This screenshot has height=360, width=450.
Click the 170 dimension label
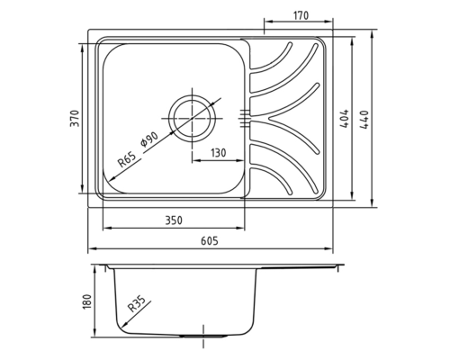pyautogui.click(x=301, y=15)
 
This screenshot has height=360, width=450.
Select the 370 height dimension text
pyautogui.click(x=75, y=119)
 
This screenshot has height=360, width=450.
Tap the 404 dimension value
pyautogui.click(x=345, y=119)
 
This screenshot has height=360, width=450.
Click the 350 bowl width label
pyautogui.click(x=174, y=220)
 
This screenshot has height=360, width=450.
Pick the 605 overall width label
pyautogui.click(x=210, y=241)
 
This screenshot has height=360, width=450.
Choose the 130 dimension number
pyautogui.click(x=218, y=153)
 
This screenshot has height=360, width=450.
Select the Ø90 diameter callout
pyautogui.click(x=149, y=139)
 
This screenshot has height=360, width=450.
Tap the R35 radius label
pyautogui.click(x=136, y=303)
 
